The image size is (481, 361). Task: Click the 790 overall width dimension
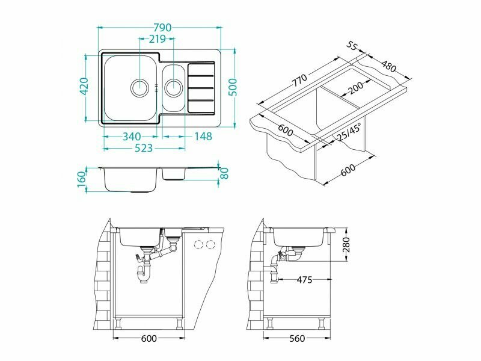click(x=162, y=28)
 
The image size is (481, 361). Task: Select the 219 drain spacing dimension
click(x=158, y=39)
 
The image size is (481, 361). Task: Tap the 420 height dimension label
click(x=84, y=86)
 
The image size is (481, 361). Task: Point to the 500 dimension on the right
click(x=233, y=87)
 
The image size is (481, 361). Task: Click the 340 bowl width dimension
click(x=132, y=137)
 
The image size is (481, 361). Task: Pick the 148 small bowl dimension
click(x=203, y=137)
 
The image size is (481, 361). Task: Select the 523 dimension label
click(x=144, y=148)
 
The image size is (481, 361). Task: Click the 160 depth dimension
click(x=81, y=181)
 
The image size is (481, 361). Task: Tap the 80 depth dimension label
click(x=225, y=173)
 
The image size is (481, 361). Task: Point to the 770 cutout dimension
click(x=299, y=80)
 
